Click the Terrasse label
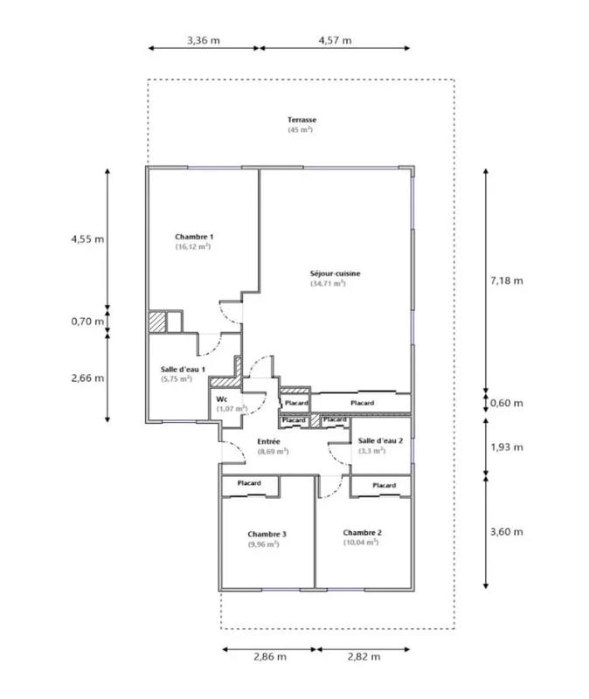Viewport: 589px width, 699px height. point(301,120)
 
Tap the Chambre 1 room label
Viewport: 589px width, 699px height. point(194,237)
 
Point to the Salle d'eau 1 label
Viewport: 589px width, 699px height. point(183,370)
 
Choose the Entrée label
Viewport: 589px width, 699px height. point(268,441)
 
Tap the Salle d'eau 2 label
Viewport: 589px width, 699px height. point(380,440)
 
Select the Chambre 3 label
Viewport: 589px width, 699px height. point(267,534)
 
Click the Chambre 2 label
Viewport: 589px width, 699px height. point(362,532)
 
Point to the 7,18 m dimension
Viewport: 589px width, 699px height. point(506,280)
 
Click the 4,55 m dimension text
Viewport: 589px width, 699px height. point(87,238)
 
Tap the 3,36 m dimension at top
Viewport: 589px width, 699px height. point(203,40)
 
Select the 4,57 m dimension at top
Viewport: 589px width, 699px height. point(335,40)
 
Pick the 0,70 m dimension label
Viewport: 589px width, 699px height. point(87,321)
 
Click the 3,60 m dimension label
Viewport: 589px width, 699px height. point(506,532)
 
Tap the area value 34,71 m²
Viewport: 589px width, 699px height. point(327,283)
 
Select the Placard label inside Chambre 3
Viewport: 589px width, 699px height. point(249,483)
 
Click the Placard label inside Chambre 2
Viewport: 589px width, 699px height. point(384,485)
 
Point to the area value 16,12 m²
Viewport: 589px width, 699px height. point(192,247)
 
